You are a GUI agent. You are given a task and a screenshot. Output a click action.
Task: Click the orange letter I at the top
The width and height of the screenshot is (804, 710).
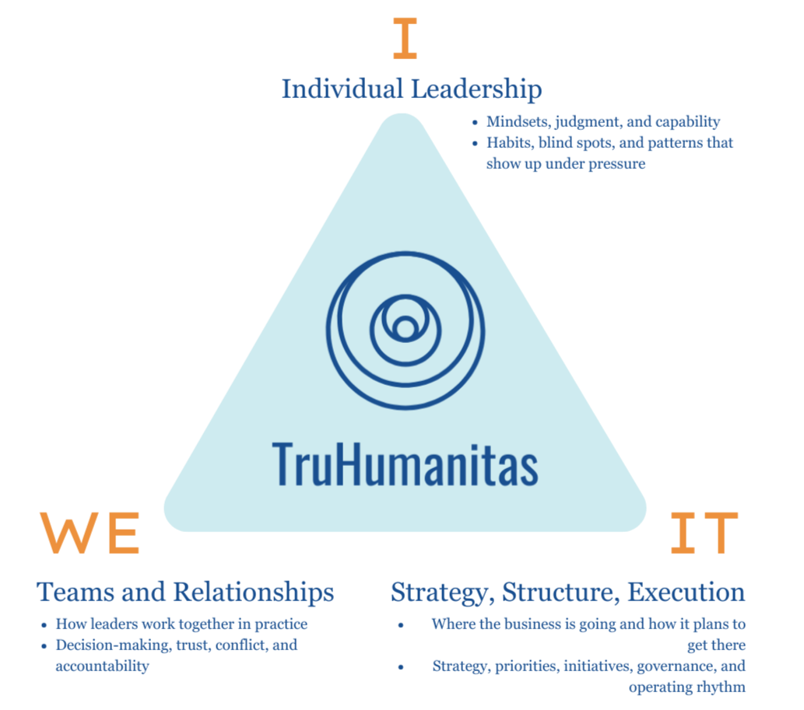(405, 40)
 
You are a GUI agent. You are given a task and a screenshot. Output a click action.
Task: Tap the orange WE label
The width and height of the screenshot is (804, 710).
(90, 533)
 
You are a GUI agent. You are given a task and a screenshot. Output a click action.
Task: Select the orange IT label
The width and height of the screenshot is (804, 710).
(704, 533)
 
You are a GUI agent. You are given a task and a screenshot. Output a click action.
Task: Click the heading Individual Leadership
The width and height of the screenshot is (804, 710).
(411, 89)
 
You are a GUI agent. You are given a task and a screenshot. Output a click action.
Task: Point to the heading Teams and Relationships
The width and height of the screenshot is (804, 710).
(185, 592)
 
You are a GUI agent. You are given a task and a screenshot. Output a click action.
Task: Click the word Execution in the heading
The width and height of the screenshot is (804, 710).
(686, 592)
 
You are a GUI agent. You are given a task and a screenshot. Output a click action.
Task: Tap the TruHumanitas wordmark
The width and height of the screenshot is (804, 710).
(405, 463)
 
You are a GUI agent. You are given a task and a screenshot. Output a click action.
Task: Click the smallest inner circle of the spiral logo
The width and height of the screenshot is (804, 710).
(405, 330)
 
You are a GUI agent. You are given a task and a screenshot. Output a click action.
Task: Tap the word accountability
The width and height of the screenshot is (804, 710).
(102, 666)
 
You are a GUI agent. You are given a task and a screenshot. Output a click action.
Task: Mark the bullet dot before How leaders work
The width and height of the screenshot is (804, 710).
(43, 624)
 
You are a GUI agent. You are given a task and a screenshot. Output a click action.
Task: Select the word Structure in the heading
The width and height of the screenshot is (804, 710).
(560, 592)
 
